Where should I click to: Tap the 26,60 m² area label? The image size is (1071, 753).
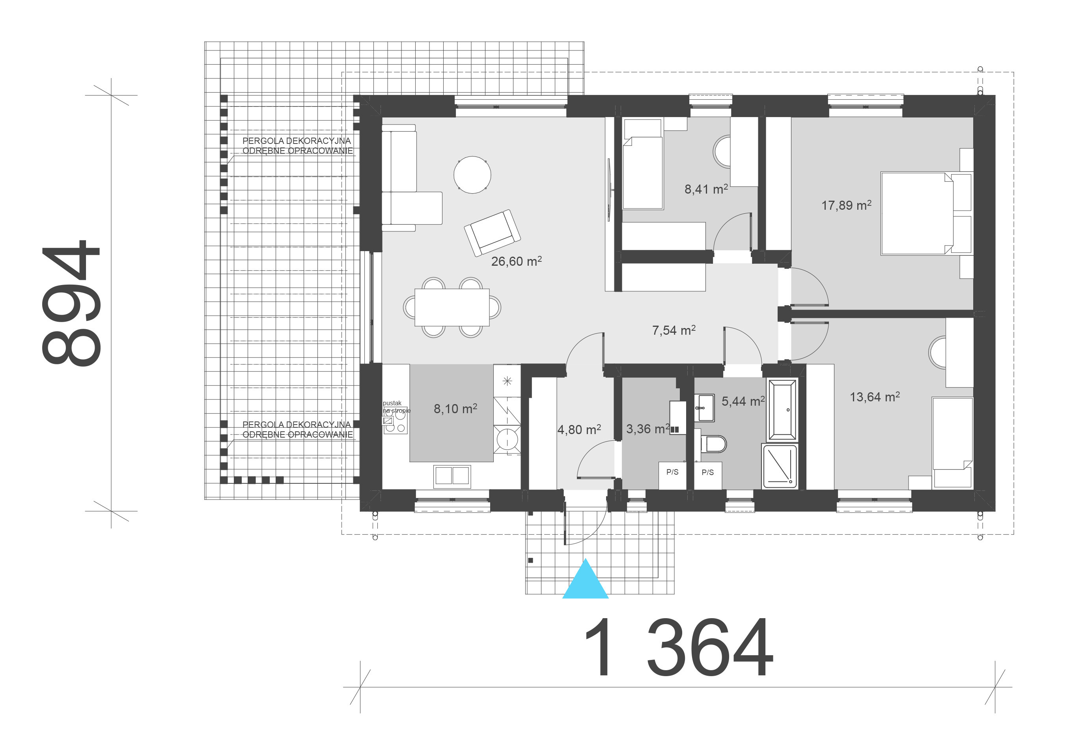[517, 261]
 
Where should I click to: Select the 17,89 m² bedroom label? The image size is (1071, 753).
[846, 205]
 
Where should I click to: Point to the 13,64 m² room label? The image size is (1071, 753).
[875, 397]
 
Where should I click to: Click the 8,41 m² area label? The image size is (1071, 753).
[706, 189]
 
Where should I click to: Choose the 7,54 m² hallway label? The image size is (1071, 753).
[674, 330]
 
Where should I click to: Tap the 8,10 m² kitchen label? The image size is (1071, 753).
[455, 408]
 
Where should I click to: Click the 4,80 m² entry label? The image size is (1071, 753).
[579, 429]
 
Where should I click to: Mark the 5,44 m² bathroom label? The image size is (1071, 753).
[743, 401]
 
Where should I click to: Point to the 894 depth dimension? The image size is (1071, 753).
[71, 303]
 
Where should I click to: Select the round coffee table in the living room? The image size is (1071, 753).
[472, 175]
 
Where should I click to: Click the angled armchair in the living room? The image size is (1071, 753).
[492, 233]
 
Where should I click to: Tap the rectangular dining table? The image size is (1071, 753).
[452, 307]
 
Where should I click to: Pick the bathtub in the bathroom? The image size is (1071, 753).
[782, 410]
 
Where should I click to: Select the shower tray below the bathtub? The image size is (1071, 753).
[779, 466]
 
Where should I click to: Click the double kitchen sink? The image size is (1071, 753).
[452, 476]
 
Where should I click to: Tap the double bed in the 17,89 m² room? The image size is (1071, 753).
[926, 214]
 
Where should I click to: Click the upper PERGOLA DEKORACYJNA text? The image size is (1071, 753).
[296, 140]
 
